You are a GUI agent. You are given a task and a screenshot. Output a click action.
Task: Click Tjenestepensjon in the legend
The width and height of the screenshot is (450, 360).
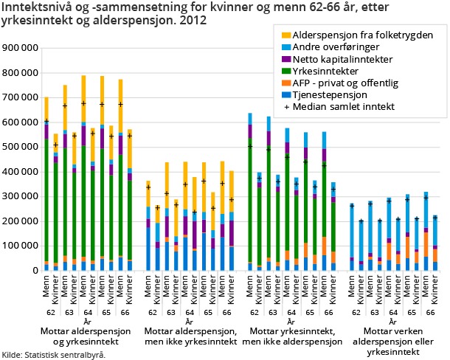pyautogui.click(x=330, y=94)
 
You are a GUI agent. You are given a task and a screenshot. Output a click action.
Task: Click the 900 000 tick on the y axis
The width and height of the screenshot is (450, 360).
pyautogui.click(x=21, y=47)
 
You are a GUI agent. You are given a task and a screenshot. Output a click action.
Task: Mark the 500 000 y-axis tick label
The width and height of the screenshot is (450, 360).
pyautogui.click(x=21, y=147)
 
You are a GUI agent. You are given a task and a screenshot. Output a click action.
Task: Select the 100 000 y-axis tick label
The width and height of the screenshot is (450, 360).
pyautogui.click(x=21, y=246)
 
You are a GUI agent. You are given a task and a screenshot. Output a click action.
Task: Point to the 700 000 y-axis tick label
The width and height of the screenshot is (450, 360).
pyautogui.click(x=21, y=97)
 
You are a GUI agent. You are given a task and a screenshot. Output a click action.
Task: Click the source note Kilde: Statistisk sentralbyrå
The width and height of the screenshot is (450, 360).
pyautogui.click(x=54, y=355)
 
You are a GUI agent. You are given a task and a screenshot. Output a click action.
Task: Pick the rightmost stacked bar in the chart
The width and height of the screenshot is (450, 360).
pyautogui.click(x=435, y=243)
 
